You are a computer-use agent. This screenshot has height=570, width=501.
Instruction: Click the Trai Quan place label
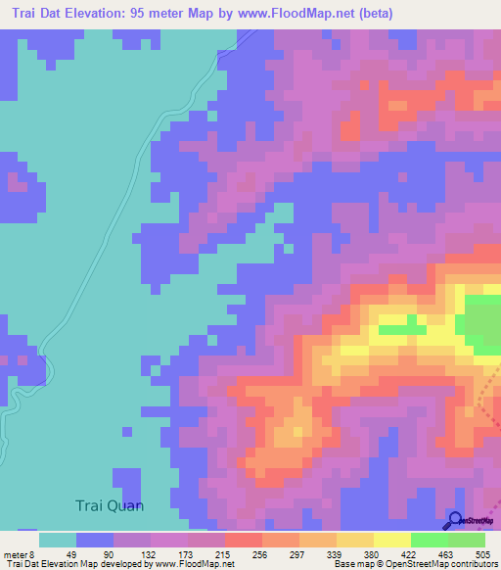[x=110, y=505]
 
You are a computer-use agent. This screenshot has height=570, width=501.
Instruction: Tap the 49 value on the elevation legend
[x=72, y=553]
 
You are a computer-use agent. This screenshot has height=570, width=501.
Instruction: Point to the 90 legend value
[x=110, y=553]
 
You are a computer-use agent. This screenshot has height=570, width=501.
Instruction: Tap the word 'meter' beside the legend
[x=18, y=553]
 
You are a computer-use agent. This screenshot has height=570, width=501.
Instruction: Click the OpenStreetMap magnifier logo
[x=455, y=521]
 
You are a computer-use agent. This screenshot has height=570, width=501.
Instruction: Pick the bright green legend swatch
[x=430, y=540]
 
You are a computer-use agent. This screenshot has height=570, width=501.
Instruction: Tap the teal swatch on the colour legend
[x=58, y=540]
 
